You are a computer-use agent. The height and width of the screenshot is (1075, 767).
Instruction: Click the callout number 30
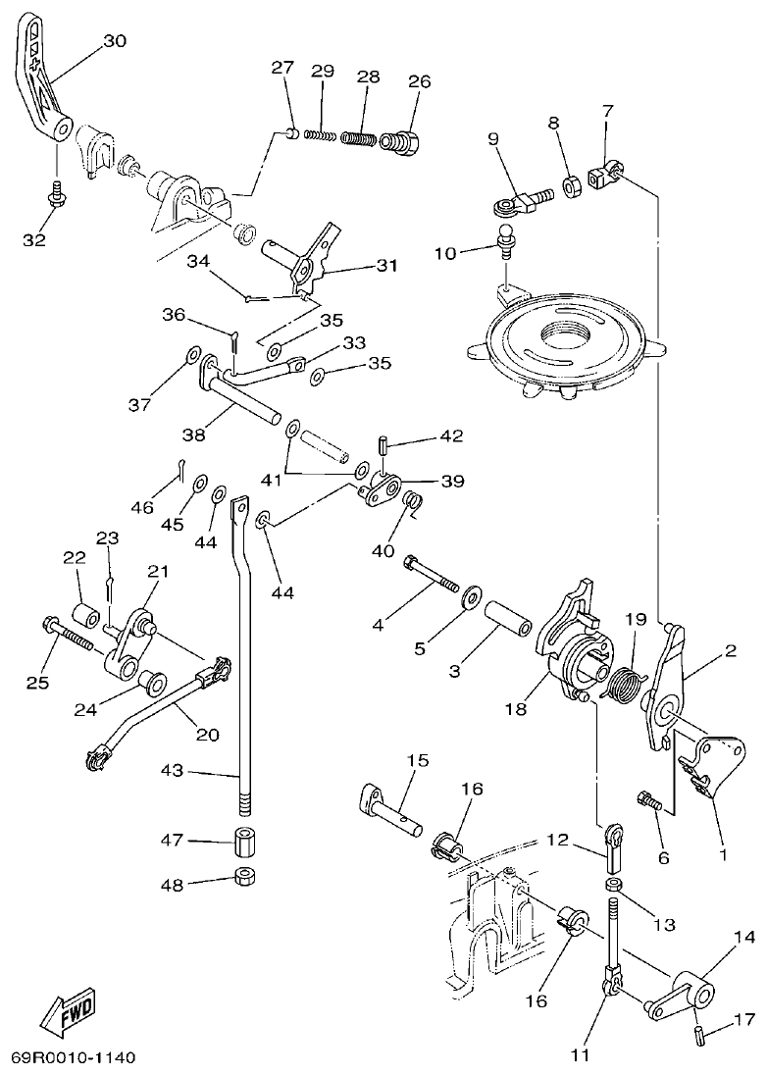pos(115,41)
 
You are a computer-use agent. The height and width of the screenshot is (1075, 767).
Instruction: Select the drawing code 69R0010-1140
pos(74,1058)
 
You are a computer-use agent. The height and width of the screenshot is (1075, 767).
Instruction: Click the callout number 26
pos(419,81)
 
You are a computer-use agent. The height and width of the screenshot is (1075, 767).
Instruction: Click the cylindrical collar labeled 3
pos(507,622)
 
